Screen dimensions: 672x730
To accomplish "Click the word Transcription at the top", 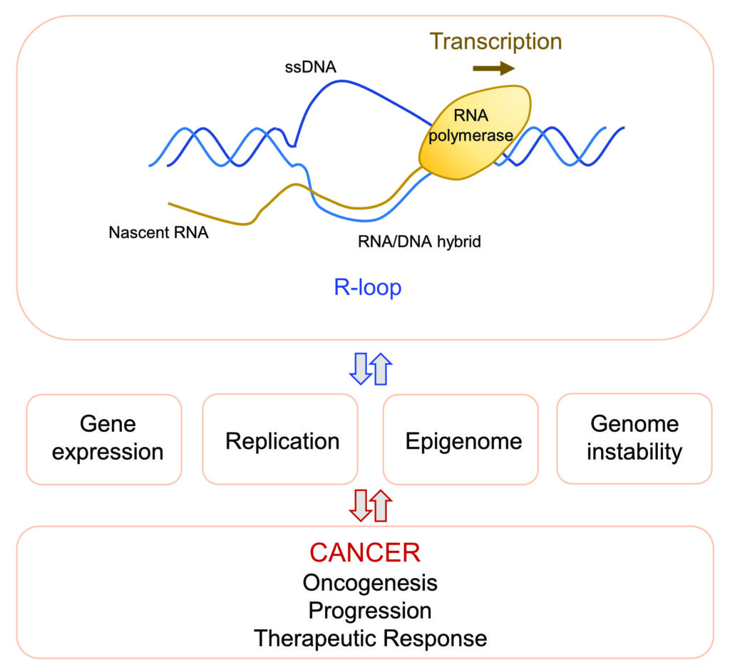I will (x=497, y=41).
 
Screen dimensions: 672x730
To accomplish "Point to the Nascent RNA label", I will (x=158, y=232).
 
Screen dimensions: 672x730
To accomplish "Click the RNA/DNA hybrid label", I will (x=419, y=242).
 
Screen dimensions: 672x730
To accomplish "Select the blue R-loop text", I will (x=367, y=287).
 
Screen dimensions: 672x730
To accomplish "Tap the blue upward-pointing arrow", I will (x=382, y=368).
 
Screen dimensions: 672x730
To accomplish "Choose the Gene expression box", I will (x=104, y=439).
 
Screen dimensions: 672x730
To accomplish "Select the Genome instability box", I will (x=634, y=439).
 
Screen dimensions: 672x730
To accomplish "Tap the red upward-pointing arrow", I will (x=382, y=506).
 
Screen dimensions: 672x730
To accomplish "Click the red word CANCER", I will (x=365, y=553).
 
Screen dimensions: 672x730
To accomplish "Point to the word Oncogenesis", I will (x=370, y=583).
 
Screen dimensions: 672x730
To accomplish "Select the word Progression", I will (x=370, y=611).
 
